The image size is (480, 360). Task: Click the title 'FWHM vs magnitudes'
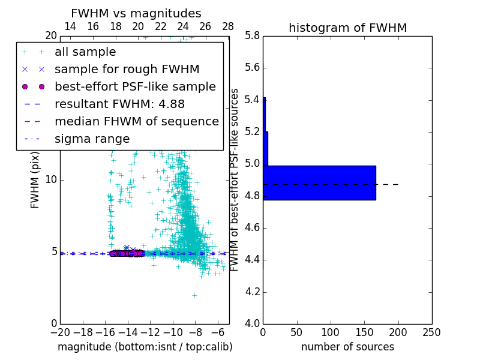tap(136, 14)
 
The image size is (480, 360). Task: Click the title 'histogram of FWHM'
tap(347, 28)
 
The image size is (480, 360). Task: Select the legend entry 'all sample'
tap(85, 52)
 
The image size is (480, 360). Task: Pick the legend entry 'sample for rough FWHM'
tap(127, 70)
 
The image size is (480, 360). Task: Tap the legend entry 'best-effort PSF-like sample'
tap(135, 87)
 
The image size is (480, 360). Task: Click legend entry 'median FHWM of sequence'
tap(136, 121)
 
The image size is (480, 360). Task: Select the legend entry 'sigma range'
tap(92, 139)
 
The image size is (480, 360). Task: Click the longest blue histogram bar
tap(319, 182)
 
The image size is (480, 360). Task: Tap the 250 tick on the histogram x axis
tap(431, 332)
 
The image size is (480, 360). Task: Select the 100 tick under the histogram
tap(331, 332)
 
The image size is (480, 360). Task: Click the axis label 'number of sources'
tap(347, 347)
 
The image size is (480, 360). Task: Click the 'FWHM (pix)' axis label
tap(35, 179)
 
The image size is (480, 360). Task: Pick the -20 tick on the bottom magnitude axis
tap(60, 332)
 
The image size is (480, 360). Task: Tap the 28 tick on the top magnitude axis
tap(228, 26)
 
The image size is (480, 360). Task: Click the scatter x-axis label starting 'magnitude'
tap(145, 347)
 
